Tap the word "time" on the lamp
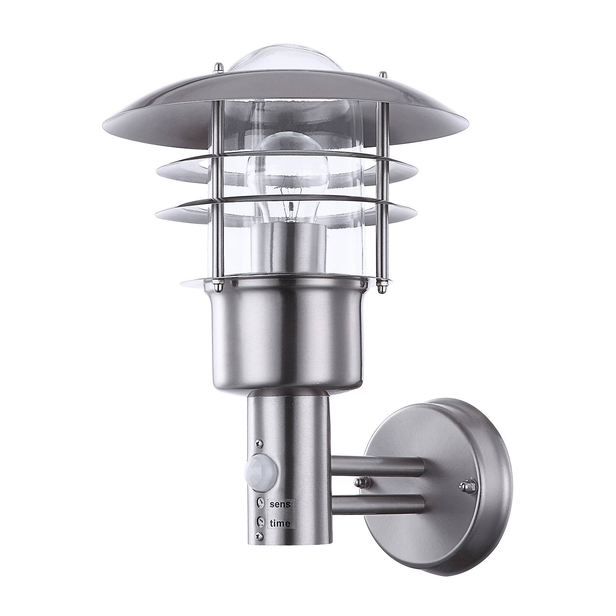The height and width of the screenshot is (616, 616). pyautogui.click(x=280, y=524)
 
